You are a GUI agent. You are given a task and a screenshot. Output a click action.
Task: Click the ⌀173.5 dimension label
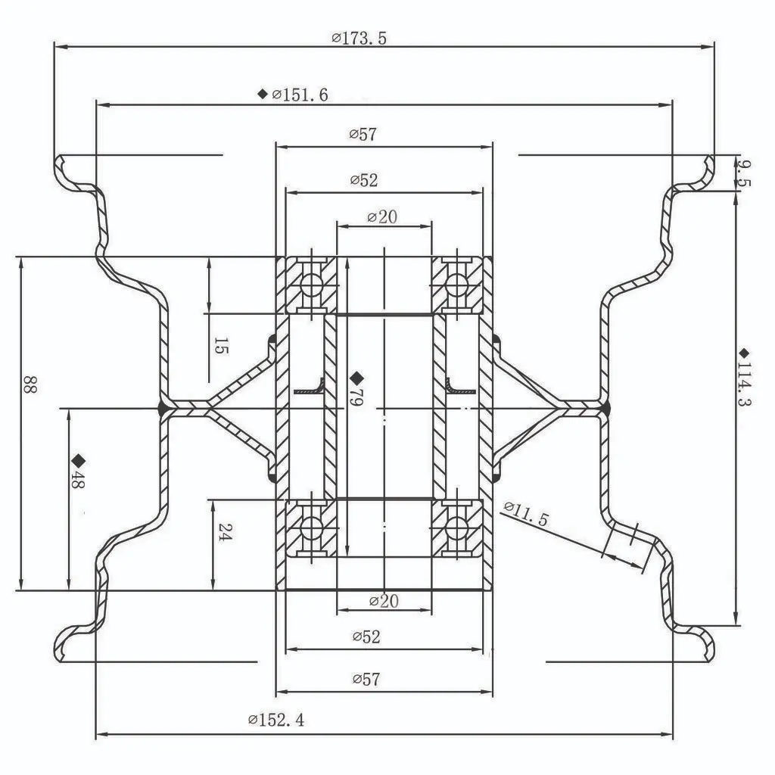(359, 37)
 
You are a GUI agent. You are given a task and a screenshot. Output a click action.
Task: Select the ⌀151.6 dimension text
(300, 95)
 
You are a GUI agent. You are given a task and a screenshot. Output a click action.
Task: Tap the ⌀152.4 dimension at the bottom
(276, 720)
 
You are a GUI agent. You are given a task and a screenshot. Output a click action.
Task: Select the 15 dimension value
(220, 347)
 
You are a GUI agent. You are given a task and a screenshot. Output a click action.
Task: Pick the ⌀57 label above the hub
(363, 135)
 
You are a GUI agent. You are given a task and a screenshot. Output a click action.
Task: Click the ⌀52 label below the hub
(366, 637)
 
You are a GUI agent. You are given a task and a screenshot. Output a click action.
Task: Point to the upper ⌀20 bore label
(382, 217)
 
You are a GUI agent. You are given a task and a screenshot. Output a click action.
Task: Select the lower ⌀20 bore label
(384, 602)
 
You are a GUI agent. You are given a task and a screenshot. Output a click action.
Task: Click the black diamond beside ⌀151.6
(263, 94)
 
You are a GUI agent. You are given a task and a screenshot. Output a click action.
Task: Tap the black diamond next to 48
(78, 460)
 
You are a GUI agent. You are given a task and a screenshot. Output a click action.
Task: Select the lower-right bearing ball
(456, 528)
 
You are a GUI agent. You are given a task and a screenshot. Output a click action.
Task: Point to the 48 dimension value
(77, 480)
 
